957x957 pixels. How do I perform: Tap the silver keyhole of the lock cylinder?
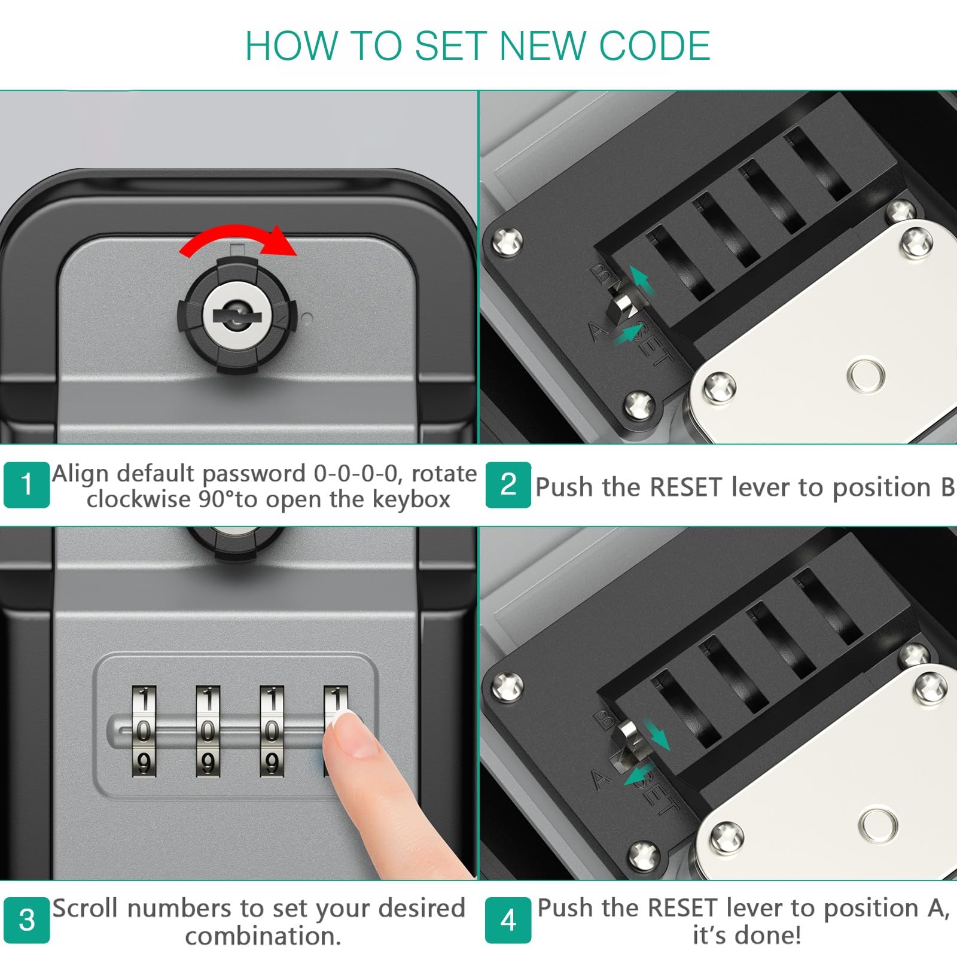point(238,314)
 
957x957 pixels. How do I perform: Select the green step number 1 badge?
point(26,484)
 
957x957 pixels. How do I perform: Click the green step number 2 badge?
point(508,484)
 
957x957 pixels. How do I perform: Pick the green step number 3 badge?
point(26,920)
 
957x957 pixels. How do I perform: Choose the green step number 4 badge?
point(508,920)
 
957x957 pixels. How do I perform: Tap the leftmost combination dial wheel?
point(144,732)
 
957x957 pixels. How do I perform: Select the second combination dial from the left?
point(208,732)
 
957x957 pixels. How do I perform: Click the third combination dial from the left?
point(272,732)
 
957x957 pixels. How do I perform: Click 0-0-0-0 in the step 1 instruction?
point(356,474)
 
